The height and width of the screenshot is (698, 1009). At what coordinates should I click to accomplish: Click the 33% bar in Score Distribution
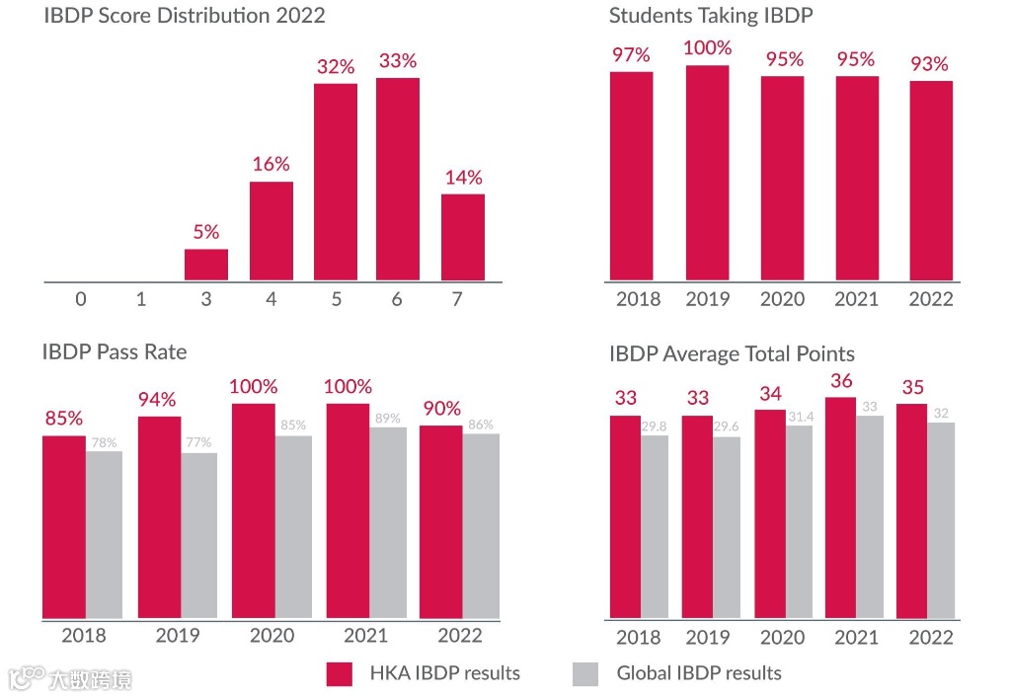pos(397,179)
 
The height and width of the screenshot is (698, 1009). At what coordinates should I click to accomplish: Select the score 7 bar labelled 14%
pos(462,237)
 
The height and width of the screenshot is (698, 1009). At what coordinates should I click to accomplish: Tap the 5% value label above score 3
pos(205,232)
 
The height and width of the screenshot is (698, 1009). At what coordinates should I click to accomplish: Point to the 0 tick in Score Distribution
pos(81,298)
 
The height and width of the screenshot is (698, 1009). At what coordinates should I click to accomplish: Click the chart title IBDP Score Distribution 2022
pos(185,16)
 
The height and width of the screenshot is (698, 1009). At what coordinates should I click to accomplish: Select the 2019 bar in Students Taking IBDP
pos(707,173)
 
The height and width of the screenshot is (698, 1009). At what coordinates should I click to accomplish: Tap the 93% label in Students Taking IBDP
pos(929,64)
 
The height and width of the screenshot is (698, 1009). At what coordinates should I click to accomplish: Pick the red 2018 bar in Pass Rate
pos(63,526)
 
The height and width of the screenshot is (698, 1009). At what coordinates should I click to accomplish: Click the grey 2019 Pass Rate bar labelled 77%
pos(198,535)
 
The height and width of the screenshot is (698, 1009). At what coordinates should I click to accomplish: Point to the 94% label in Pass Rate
pos(157,400)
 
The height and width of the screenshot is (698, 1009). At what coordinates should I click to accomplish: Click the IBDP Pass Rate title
pos(115,351)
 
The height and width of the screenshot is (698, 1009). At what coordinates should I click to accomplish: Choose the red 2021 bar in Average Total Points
pos(840,507)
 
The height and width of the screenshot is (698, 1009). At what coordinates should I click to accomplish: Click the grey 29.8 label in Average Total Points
pos(655,427)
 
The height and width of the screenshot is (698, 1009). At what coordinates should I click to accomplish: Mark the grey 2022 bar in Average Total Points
pos(941,520)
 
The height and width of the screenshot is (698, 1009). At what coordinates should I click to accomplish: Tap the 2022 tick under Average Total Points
pos(930,637)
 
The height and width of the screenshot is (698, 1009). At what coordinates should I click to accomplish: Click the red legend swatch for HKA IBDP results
pos(340,673)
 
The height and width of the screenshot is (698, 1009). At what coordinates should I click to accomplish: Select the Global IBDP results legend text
pos(698,673)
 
